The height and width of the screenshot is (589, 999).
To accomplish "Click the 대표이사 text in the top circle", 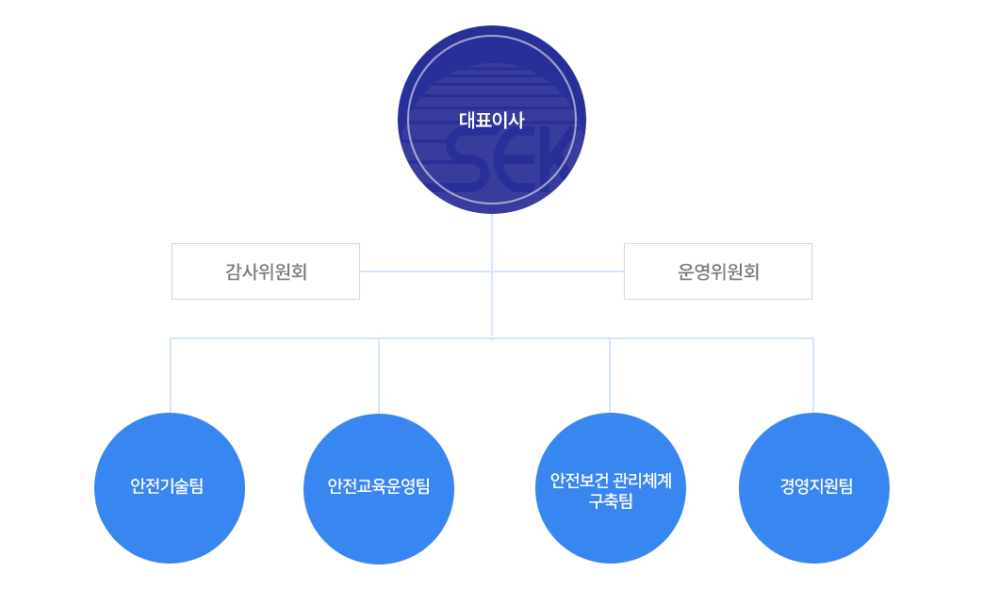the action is (491, 120).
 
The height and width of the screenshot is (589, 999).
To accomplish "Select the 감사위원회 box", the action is (266, 271).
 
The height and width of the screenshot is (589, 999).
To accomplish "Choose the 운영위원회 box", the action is (718, 271).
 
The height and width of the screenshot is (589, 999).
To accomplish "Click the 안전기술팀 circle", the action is (170, 488).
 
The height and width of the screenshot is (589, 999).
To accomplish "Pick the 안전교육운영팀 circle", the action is (379, 488).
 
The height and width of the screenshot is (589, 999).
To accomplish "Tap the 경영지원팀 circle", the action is (814, 488).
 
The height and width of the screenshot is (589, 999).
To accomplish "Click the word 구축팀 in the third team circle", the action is (611, 501).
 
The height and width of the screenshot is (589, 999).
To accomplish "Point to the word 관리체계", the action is (643, 480).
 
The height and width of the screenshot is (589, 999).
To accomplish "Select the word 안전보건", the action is (580, 480).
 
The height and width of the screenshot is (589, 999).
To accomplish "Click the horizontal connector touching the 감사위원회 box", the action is (426, 271).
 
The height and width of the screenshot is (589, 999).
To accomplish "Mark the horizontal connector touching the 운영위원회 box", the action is (558, 271).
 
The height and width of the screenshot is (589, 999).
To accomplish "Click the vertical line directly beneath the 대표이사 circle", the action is (492, 275).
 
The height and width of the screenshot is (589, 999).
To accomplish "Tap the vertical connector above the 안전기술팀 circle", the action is (171, 375).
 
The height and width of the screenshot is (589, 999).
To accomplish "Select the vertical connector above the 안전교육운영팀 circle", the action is (379, 376).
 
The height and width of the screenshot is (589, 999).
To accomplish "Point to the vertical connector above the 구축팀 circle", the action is (610, 375).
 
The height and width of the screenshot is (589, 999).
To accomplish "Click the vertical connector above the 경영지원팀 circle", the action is (813, 375).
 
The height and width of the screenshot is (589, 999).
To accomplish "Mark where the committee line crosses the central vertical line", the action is (492, 271).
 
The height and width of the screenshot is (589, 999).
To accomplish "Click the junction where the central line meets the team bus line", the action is (492, 338).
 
